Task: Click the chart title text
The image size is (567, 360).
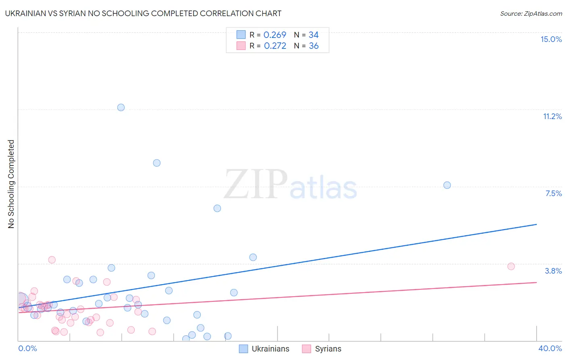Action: (x=143, y=13)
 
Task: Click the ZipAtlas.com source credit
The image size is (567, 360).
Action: (x=531, y=13)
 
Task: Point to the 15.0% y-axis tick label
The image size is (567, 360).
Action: (x=551, y=39)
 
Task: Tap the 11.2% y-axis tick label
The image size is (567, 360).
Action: (x=552, y=116)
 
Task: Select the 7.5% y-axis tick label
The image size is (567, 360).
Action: (x=553, y=193)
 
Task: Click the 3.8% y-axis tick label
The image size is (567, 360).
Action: (x=553, y=271)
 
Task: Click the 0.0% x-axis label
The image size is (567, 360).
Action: (x=27, y=348)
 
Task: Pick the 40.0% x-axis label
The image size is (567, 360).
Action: (x=550, y=348)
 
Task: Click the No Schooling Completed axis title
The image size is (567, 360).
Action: (x=11, y=184)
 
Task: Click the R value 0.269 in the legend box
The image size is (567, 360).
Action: (x=275, y=35)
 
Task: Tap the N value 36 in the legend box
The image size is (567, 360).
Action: (x=314, y=46)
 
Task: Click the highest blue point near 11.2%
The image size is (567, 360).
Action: (x=121, y=107)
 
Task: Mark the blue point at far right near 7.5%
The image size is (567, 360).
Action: (x=447, y=185)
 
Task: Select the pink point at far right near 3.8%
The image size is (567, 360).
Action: (x=511, y=266)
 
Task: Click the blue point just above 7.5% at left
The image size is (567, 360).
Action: (x=157, y=163)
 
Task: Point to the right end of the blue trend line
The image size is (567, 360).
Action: (x=536, y=224)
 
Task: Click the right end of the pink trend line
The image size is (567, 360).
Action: (x=536, y=283)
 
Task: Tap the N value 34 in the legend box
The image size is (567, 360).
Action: (x=314, y=35)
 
